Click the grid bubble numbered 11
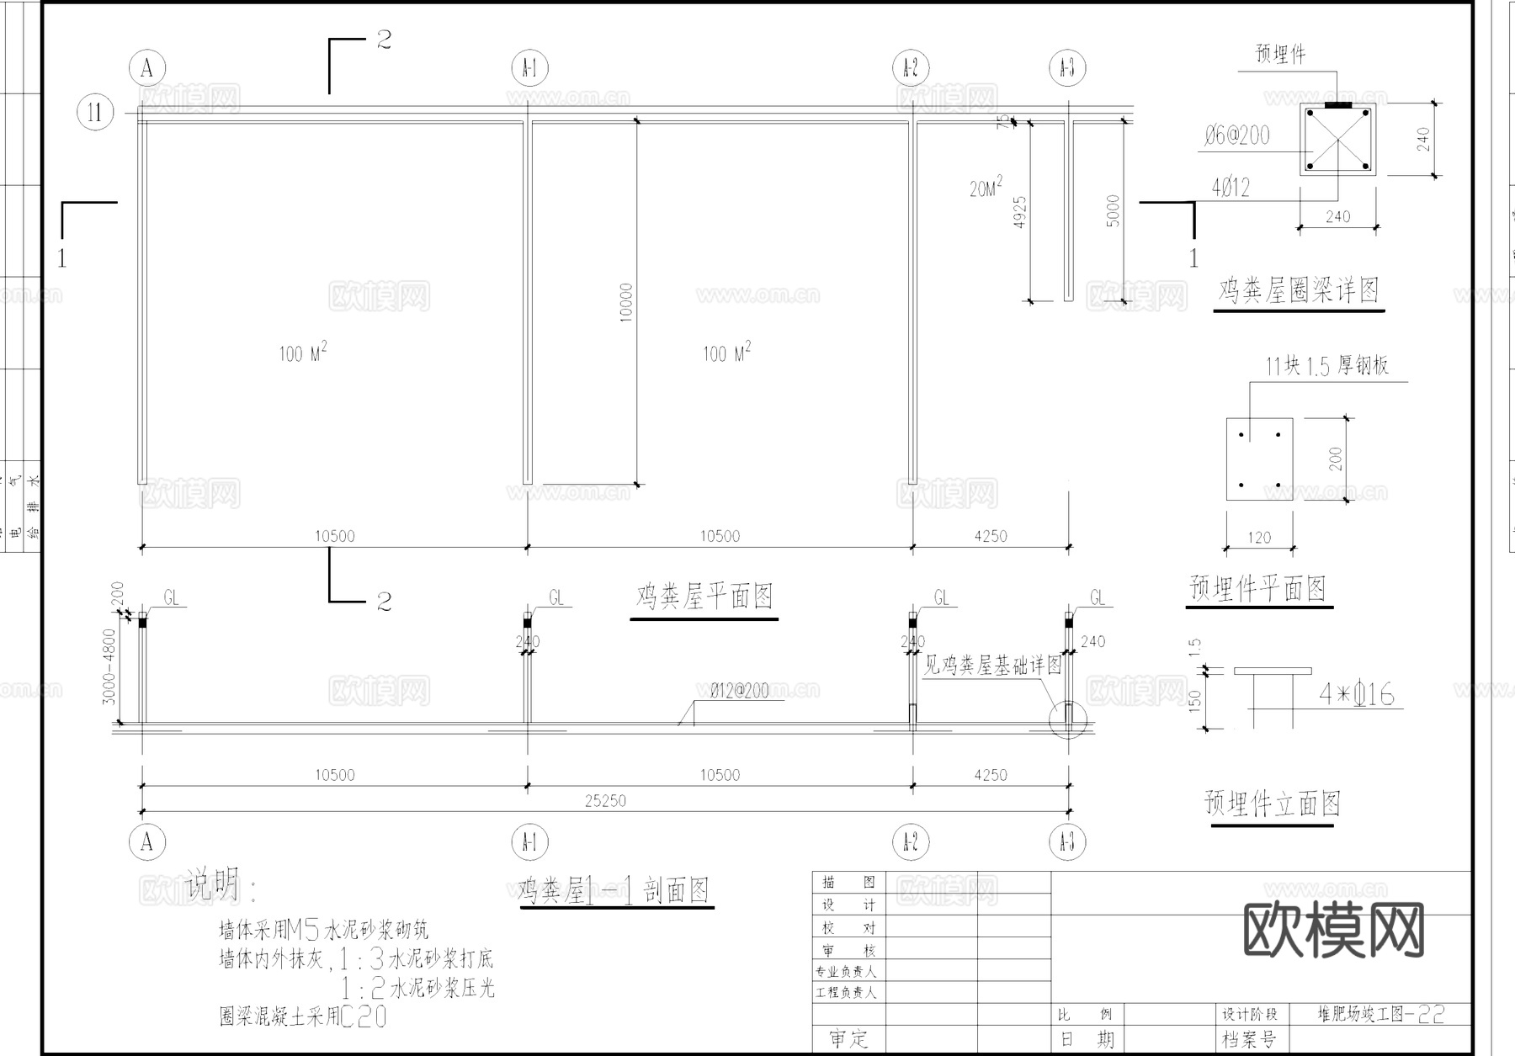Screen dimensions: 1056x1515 click(95, 112)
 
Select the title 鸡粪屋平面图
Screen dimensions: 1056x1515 click(704, 597)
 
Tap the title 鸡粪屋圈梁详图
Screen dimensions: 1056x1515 click(1298, 291)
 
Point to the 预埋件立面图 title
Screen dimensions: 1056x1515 click(1272, 804)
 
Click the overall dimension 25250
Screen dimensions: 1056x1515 click(605, 800)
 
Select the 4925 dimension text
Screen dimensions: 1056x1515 click(1020, 214)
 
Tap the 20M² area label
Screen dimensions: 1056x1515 click(986, 188)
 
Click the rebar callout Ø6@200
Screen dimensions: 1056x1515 click(1236, 135)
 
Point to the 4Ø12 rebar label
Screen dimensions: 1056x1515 click(1231, 188)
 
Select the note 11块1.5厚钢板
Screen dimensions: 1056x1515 click(1326, 366)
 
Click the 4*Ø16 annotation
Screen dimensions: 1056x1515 click(1356, 695)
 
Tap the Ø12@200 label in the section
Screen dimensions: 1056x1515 click(739, 692)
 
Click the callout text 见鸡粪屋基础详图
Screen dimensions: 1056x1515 click(992, 666)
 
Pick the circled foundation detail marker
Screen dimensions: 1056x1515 click(1068, 720)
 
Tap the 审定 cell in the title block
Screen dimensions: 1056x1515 click(848, 1039)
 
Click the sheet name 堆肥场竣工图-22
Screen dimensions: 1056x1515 click(1380, 1014)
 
